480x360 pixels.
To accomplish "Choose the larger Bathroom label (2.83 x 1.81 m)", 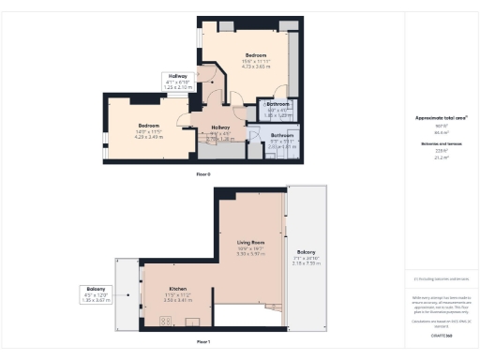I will (x=281, y=142).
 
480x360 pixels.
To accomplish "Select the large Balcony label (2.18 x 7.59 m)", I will (x=307, y=256).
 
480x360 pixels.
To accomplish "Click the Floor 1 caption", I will (x=202, y=342).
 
